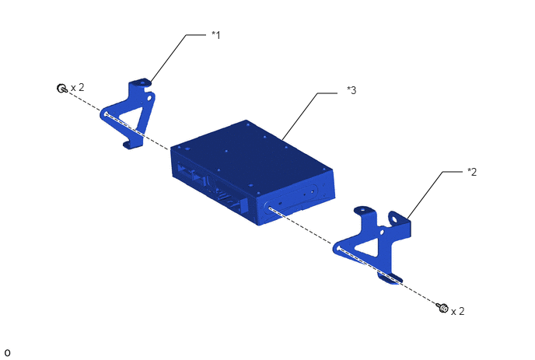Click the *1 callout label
216,35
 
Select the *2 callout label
472,172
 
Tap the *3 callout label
351,90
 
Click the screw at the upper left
61,88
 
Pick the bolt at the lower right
442,307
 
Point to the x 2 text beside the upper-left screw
78,87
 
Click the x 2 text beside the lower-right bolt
457,311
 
